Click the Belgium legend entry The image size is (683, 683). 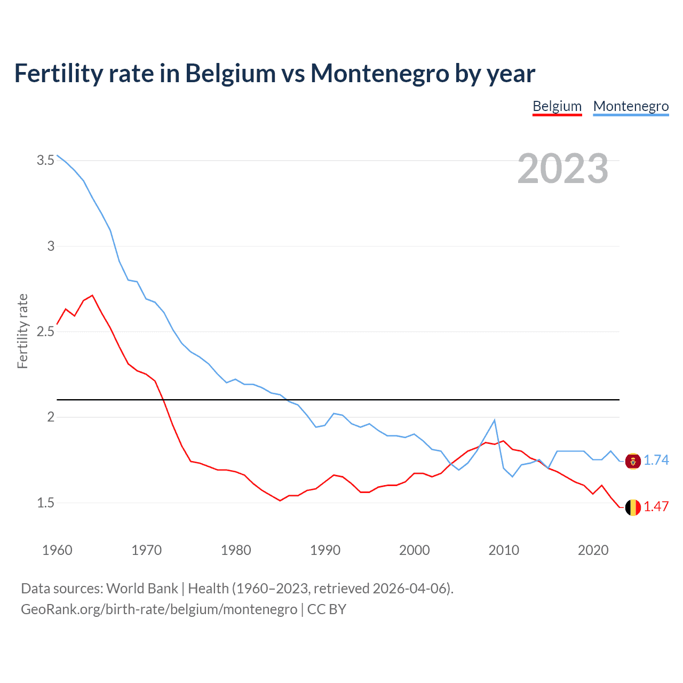(557, 106)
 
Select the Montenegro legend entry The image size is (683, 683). (631, 106)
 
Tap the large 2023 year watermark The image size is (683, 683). (563, 169)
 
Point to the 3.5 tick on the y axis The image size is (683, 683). (45, 160)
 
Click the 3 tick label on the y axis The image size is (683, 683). (51, 246)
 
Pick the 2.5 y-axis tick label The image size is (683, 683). (45, 331)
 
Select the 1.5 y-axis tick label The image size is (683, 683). (45, 503)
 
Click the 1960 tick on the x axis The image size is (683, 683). (57, 550)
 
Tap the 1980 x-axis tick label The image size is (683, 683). (236, 550)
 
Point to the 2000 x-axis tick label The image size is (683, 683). (414, 550)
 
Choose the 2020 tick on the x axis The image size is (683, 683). (593, 550)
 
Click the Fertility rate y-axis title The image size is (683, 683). (22, 331)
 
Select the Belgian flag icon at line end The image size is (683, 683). (633, 507)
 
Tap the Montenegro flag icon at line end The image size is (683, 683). (633, 461)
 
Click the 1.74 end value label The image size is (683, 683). (656, 460)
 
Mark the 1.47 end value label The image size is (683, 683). (656, 506)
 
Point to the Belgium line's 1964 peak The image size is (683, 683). (92, 295)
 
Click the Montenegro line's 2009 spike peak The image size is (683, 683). (495, 420)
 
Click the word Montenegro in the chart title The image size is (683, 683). (379, 73)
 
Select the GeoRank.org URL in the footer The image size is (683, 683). (159, 609)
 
